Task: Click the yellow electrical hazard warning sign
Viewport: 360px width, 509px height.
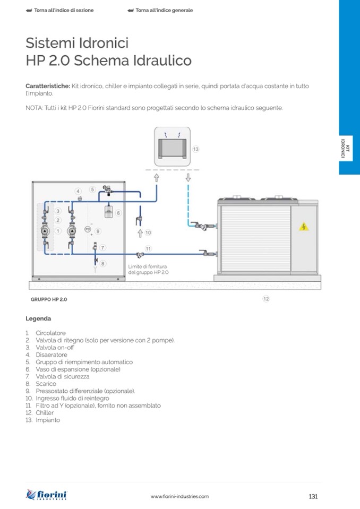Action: click(x=304, y=227)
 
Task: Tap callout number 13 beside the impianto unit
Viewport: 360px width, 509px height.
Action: click(x=195, y=150)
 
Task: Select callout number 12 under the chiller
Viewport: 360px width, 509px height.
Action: click(x=266, y=299)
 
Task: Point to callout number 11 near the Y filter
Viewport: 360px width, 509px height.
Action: click(x=148, y=248)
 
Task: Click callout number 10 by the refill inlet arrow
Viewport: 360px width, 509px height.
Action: click(x=148, y=232)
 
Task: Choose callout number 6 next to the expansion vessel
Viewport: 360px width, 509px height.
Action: click(x=118, y=213)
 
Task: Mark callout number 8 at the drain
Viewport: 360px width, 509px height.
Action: click(x=103, y=263)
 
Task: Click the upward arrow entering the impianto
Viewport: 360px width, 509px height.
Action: click(x=157, y=178)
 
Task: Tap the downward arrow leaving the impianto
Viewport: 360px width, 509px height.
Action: click(x=188, y=178)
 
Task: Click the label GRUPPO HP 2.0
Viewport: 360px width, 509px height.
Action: click(x=49, y=299)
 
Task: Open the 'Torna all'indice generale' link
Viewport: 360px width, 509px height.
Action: click(x=164, y=10)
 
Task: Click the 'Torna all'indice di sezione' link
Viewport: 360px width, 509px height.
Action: click(x=63, y=10)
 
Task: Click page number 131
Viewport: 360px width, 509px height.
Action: click(x=313, y=497)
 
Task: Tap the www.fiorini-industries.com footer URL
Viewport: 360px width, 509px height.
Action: click(x=179, y=497)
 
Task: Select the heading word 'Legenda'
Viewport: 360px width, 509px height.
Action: click(x=38, y=319)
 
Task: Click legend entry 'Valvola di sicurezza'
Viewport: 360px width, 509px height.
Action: click(x=62, y=376)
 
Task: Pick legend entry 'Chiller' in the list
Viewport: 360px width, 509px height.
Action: click(x=45, y=412)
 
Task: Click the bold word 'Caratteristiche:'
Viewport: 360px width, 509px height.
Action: click(x=48, y=85)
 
